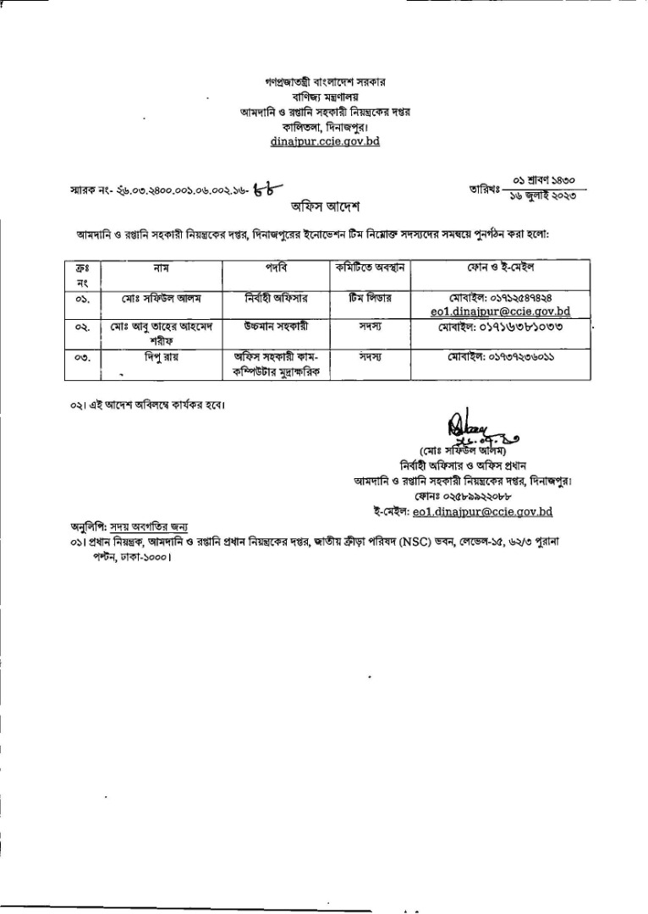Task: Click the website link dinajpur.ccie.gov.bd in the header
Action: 325,140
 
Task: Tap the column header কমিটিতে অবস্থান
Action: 367,267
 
